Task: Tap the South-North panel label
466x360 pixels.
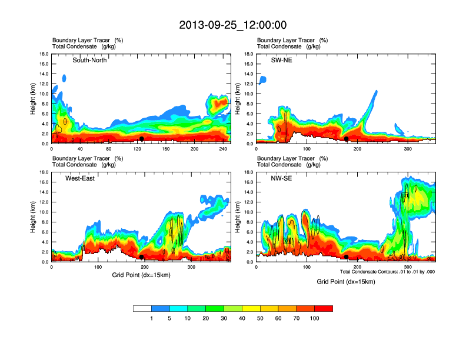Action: [x=89, y=61]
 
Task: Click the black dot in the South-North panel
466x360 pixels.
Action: [x=142, y=139]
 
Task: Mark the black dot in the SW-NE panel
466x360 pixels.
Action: [x=347, y=139]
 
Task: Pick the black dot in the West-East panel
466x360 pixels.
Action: [x=142, y=257]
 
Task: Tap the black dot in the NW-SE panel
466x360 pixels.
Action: [x=347, y=257]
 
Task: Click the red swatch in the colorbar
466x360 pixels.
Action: [x=324, y=308]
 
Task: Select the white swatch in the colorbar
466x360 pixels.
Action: [x=142, y=308]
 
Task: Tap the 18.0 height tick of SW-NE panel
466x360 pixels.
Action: [x=248, y=54]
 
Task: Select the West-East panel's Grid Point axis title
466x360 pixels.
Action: [x=141, y=275]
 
